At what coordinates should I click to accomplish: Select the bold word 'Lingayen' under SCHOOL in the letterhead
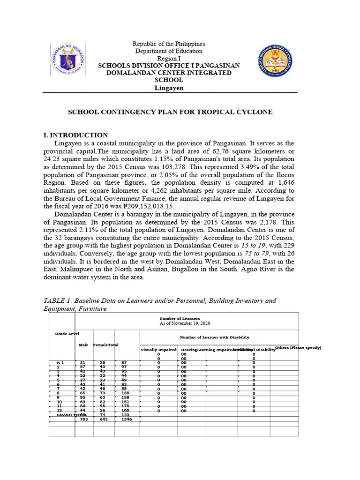(x=169, y=88)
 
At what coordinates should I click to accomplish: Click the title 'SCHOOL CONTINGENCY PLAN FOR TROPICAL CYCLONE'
(x=170, y=112)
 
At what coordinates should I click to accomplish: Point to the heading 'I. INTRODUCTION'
(x=75, y=135)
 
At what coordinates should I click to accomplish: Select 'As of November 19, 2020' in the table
(x=186, y=323)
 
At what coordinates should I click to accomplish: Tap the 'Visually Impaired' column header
(x=158, y=350)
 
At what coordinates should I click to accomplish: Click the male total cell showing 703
(x=84, y=419)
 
